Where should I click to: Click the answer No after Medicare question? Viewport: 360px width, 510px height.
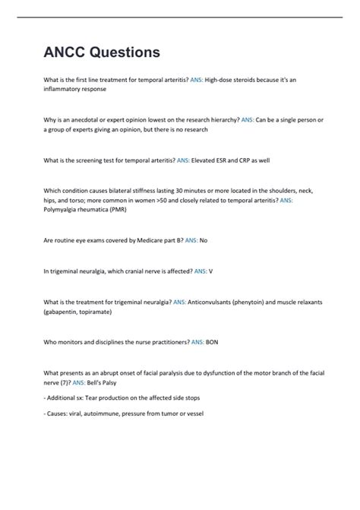pos(203,240)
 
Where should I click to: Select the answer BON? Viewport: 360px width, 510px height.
pos(212,342)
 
